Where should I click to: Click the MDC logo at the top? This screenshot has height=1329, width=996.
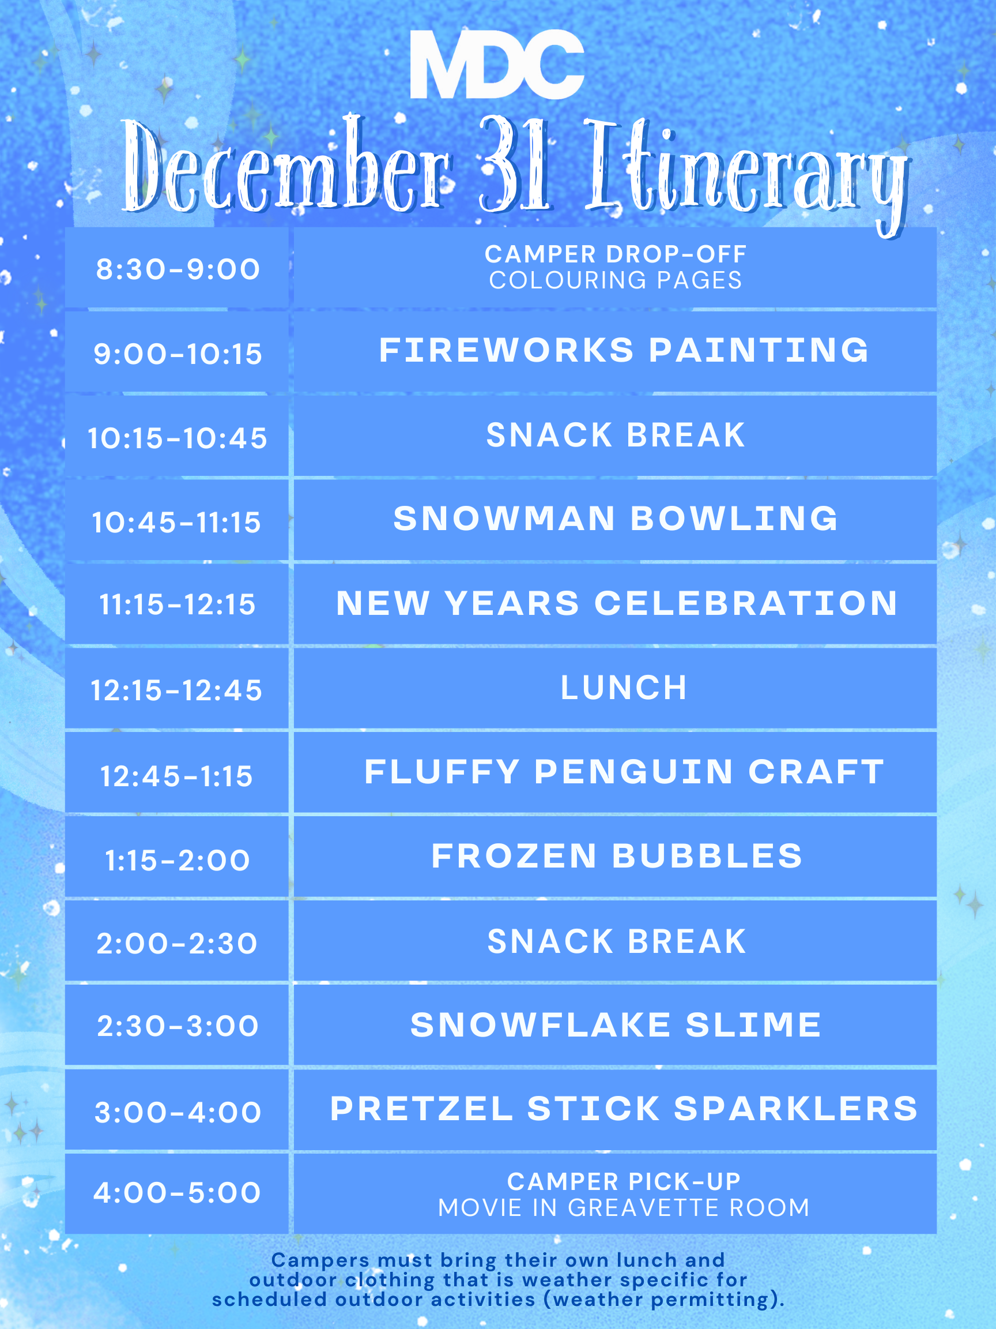(x=497, y=64)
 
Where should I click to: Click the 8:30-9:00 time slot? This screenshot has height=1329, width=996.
(x=178, y=269)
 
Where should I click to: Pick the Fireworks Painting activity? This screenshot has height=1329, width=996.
(x=624, y=350)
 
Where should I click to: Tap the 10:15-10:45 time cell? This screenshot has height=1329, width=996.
(x=178, y=438)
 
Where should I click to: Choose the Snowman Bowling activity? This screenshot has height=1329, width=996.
(x=616, y=519)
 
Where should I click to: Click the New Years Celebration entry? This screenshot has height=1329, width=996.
(x=617, y=603)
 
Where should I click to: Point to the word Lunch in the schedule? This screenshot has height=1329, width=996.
(x=624, y=688)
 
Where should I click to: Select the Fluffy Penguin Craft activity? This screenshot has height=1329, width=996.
(x=624, y=771)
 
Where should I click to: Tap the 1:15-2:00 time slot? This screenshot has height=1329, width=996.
(x=178, y=861)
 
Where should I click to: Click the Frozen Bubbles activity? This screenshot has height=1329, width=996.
(x=617, y=855)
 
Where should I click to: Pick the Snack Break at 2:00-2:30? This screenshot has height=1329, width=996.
(x=617, y=941)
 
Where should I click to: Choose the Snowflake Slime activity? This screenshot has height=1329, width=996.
(x=616, y=1024)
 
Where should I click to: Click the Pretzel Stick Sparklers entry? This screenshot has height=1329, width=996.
(x=624, y=1109)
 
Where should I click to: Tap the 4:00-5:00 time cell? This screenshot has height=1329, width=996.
(x=178, y=1193)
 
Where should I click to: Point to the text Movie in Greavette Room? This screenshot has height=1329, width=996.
(x=624, y=1208)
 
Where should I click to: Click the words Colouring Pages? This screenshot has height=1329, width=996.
(x=616, y=280)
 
